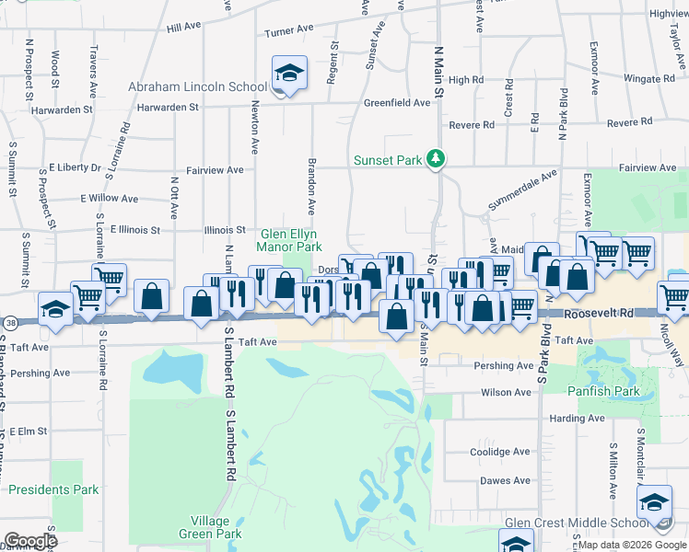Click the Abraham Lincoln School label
coord(197,87)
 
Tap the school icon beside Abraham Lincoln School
coord(288,75)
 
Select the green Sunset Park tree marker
coord(436,159)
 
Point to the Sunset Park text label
coord(388,160)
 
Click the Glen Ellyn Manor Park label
coord(290,240)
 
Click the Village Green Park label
coord(210,527)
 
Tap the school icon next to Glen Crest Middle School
coord(655,501)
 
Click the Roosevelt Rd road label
coord(600,314)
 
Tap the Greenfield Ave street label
coord(397,103)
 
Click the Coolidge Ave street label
coord(501,452)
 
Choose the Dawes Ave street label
coord(505,480)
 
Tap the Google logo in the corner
coord(30,540)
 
